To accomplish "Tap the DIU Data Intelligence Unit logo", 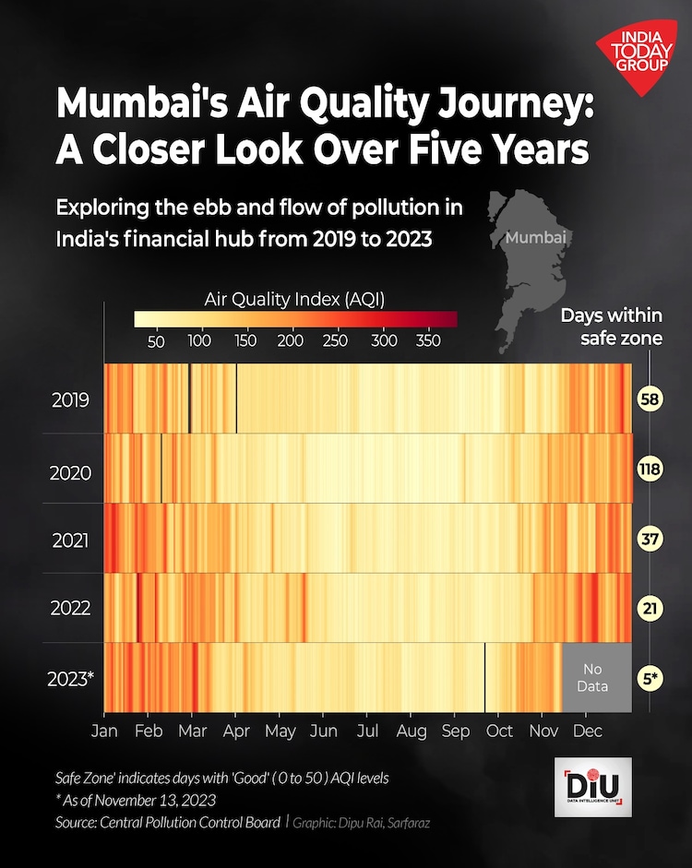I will pyautogui.click(x=593, y=787).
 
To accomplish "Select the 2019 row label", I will pyautogui.click(x=70, y=400).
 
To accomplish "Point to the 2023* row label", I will pyautogui.click(x=70, y=680).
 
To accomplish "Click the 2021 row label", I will pyautogui.click(x=70, y=540).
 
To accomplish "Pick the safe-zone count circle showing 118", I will pyautogui.click(x=650, y=470).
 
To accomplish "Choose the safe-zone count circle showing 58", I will pyautogui.click(x=650, y=399).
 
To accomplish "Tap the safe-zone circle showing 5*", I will pyautogui.click(x=650, y=679).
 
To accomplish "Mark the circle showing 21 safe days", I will pyautogui.click(x=650, y=609).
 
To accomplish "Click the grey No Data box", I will pyautogui.click(x=597, y=678).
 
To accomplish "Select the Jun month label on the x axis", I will pyautogui.click(x=323, y=731).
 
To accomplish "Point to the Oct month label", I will pyautogui.click(x=499, y=731).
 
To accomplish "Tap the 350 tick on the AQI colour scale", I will pyautogui.click(x=429, y=341).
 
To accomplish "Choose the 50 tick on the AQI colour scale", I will pyautogui.click(x=156, y=341).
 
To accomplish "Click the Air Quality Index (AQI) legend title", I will pyautogui.click(x=294, y=299).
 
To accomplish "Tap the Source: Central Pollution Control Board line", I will pyautogui.click(x=167, y=821).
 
